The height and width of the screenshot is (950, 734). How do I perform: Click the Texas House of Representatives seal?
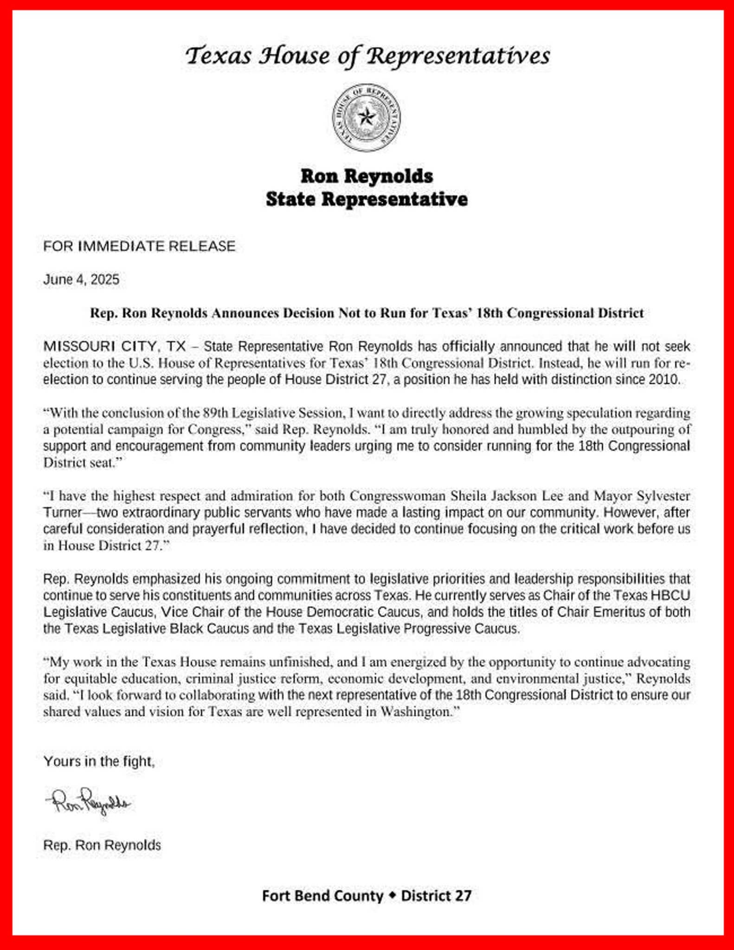(x=367, y=117)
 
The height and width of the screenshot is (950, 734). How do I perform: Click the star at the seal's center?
(x=367, y=117)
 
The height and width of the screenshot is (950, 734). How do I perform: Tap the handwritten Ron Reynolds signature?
(x=88, y=801)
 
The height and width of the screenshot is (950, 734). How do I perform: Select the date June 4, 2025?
(x=81, y=280)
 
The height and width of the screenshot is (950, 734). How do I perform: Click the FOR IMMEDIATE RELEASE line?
(x=139, y=246)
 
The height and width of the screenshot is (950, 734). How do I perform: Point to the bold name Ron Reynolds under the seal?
(x=367, y=176)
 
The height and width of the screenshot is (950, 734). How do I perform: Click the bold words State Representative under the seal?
(x=367, y=199)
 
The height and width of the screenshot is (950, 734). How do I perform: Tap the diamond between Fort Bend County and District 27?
(x=393, y=895)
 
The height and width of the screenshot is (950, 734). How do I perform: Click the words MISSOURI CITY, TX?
(x=115, y=347)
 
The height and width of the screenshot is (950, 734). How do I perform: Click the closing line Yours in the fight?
(x=99, y=761)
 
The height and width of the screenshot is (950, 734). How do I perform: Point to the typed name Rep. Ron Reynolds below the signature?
(x=102, y=845)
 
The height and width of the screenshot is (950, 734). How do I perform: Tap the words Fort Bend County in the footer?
(x=322, y=895)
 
